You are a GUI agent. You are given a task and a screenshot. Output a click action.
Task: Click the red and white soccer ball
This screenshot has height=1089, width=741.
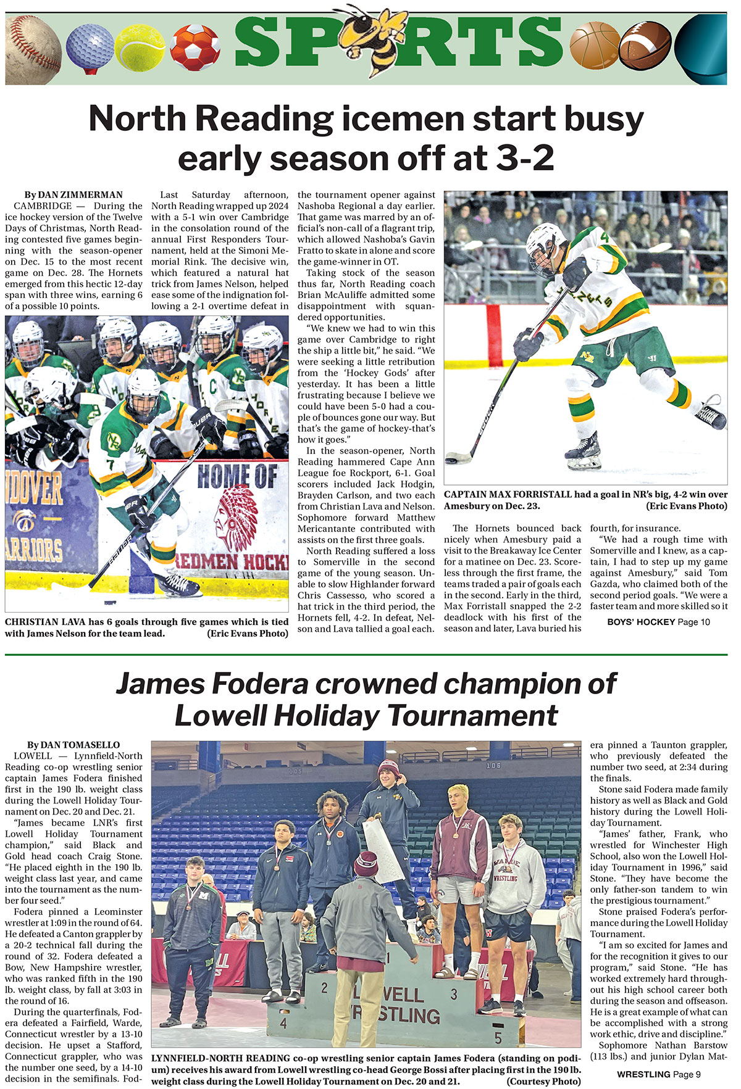click(195, 48)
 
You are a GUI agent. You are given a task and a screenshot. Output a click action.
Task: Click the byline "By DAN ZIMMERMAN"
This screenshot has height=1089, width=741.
click(73, 195)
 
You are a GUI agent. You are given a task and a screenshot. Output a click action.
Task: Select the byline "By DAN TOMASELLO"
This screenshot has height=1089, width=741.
click(73, 745)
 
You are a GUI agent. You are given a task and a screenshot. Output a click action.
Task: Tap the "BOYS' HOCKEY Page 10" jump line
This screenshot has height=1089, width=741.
click(658, 622)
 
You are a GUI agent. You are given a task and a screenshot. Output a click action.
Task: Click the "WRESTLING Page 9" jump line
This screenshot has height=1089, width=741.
click(658, 1074)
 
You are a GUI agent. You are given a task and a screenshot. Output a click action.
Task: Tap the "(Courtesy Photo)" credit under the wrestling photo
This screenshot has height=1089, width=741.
click(543, 1081)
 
